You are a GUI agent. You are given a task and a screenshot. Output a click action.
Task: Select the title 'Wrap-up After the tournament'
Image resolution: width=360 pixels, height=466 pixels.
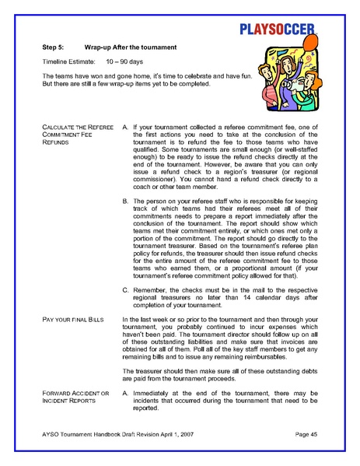click(x=133, y=47)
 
